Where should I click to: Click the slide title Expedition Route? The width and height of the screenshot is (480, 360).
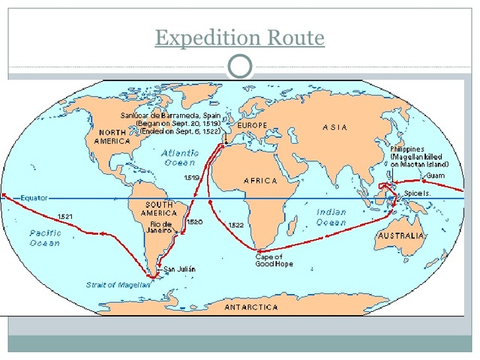[x=240, y=37]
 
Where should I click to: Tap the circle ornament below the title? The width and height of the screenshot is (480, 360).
[x=240, y=67]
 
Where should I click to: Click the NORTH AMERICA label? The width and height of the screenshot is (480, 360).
[x=113, y=136]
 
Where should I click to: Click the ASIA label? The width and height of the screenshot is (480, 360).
[x=334, y=127]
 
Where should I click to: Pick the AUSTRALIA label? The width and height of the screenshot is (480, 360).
[x=402, y=235]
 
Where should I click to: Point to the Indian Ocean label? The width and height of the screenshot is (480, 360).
[x=331, y=217]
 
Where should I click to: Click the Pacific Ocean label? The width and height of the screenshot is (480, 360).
[x=45, y=238]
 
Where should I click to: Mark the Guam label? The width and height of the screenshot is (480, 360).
[x=436, y=175]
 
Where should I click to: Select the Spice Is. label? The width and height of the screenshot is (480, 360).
[x=418, y=193]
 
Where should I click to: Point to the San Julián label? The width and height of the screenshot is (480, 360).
[x=180, y=268]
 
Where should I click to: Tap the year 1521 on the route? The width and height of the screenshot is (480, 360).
[x=65, y=217]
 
